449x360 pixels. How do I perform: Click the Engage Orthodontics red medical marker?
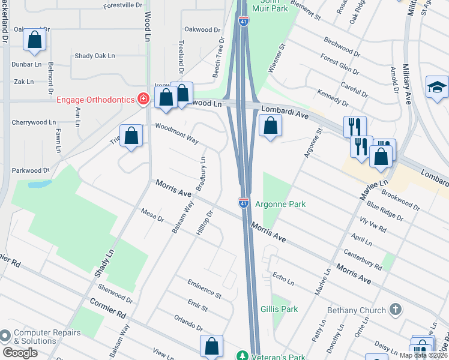143,98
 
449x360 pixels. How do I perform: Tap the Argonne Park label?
280,204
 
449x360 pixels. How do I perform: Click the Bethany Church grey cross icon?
395,310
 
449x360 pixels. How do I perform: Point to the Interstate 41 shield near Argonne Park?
244,204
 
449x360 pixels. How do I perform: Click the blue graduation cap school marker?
437,88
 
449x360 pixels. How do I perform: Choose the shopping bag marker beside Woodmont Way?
131,136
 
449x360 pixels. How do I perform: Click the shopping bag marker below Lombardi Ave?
270,126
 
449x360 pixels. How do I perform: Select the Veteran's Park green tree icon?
243,355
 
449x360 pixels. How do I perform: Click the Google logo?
19,353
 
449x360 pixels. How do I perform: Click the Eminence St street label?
204,289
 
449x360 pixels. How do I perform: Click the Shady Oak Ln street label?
94,56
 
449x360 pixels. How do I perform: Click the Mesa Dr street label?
152,215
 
